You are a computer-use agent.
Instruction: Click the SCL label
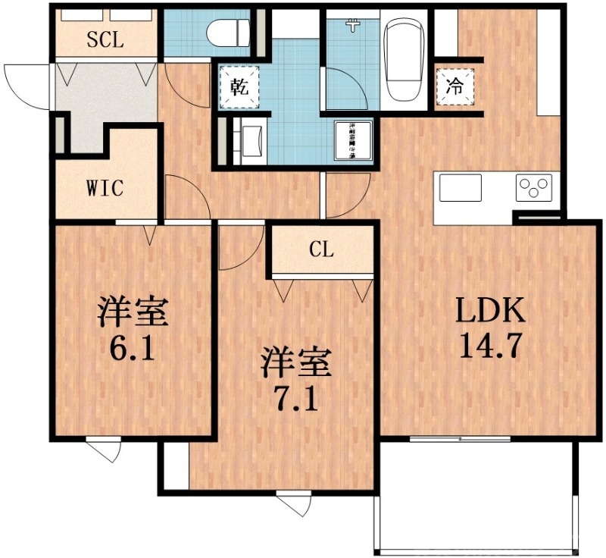[105, 39]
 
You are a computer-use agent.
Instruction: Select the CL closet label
[321, 250]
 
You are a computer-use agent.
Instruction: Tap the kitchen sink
[461, 188]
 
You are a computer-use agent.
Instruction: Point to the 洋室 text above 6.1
[132, 312]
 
